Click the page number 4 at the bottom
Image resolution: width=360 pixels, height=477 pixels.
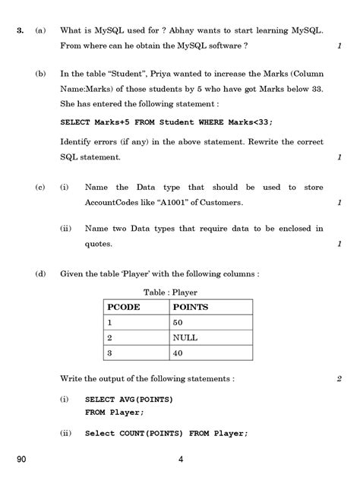pyautogui.click(x=180, y=458)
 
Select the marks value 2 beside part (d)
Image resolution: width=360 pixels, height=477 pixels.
pyautogui.click(x=339, y=377)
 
